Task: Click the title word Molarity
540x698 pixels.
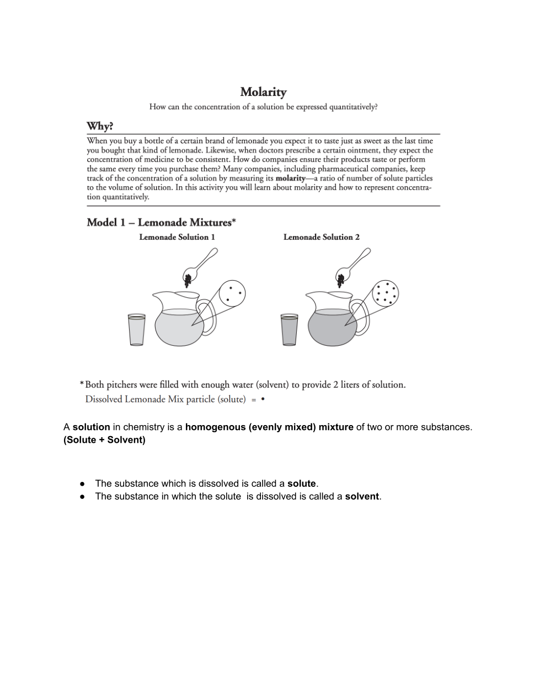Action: (263, 92)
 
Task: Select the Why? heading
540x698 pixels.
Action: (100, 126)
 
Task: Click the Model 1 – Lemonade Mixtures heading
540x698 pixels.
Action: (161, 222)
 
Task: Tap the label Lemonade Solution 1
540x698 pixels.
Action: (177, 237)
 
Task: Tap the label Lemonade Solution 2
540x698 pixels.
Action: (321, 237)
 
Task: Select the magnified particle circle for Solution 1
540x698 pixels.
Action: (232, 293)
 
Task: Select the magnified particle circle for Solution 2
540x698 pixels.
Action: (385, 293)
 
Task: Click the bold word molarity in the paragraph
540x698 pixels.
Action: (290, 178)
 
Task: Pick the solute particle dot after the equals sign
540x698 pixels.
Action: (263, 399)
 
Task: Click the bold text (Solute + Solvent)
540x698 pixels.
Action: (104, 440)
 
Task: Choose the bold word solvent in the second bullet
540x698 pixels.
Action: (362, 496)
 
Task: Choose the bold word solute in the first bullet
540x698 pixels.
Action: (301, 484)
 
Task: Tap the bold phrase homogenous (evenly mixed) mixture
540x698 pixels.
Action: (269, 427)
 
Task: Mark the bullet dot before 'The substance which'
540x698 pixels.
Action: (82, 484)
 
